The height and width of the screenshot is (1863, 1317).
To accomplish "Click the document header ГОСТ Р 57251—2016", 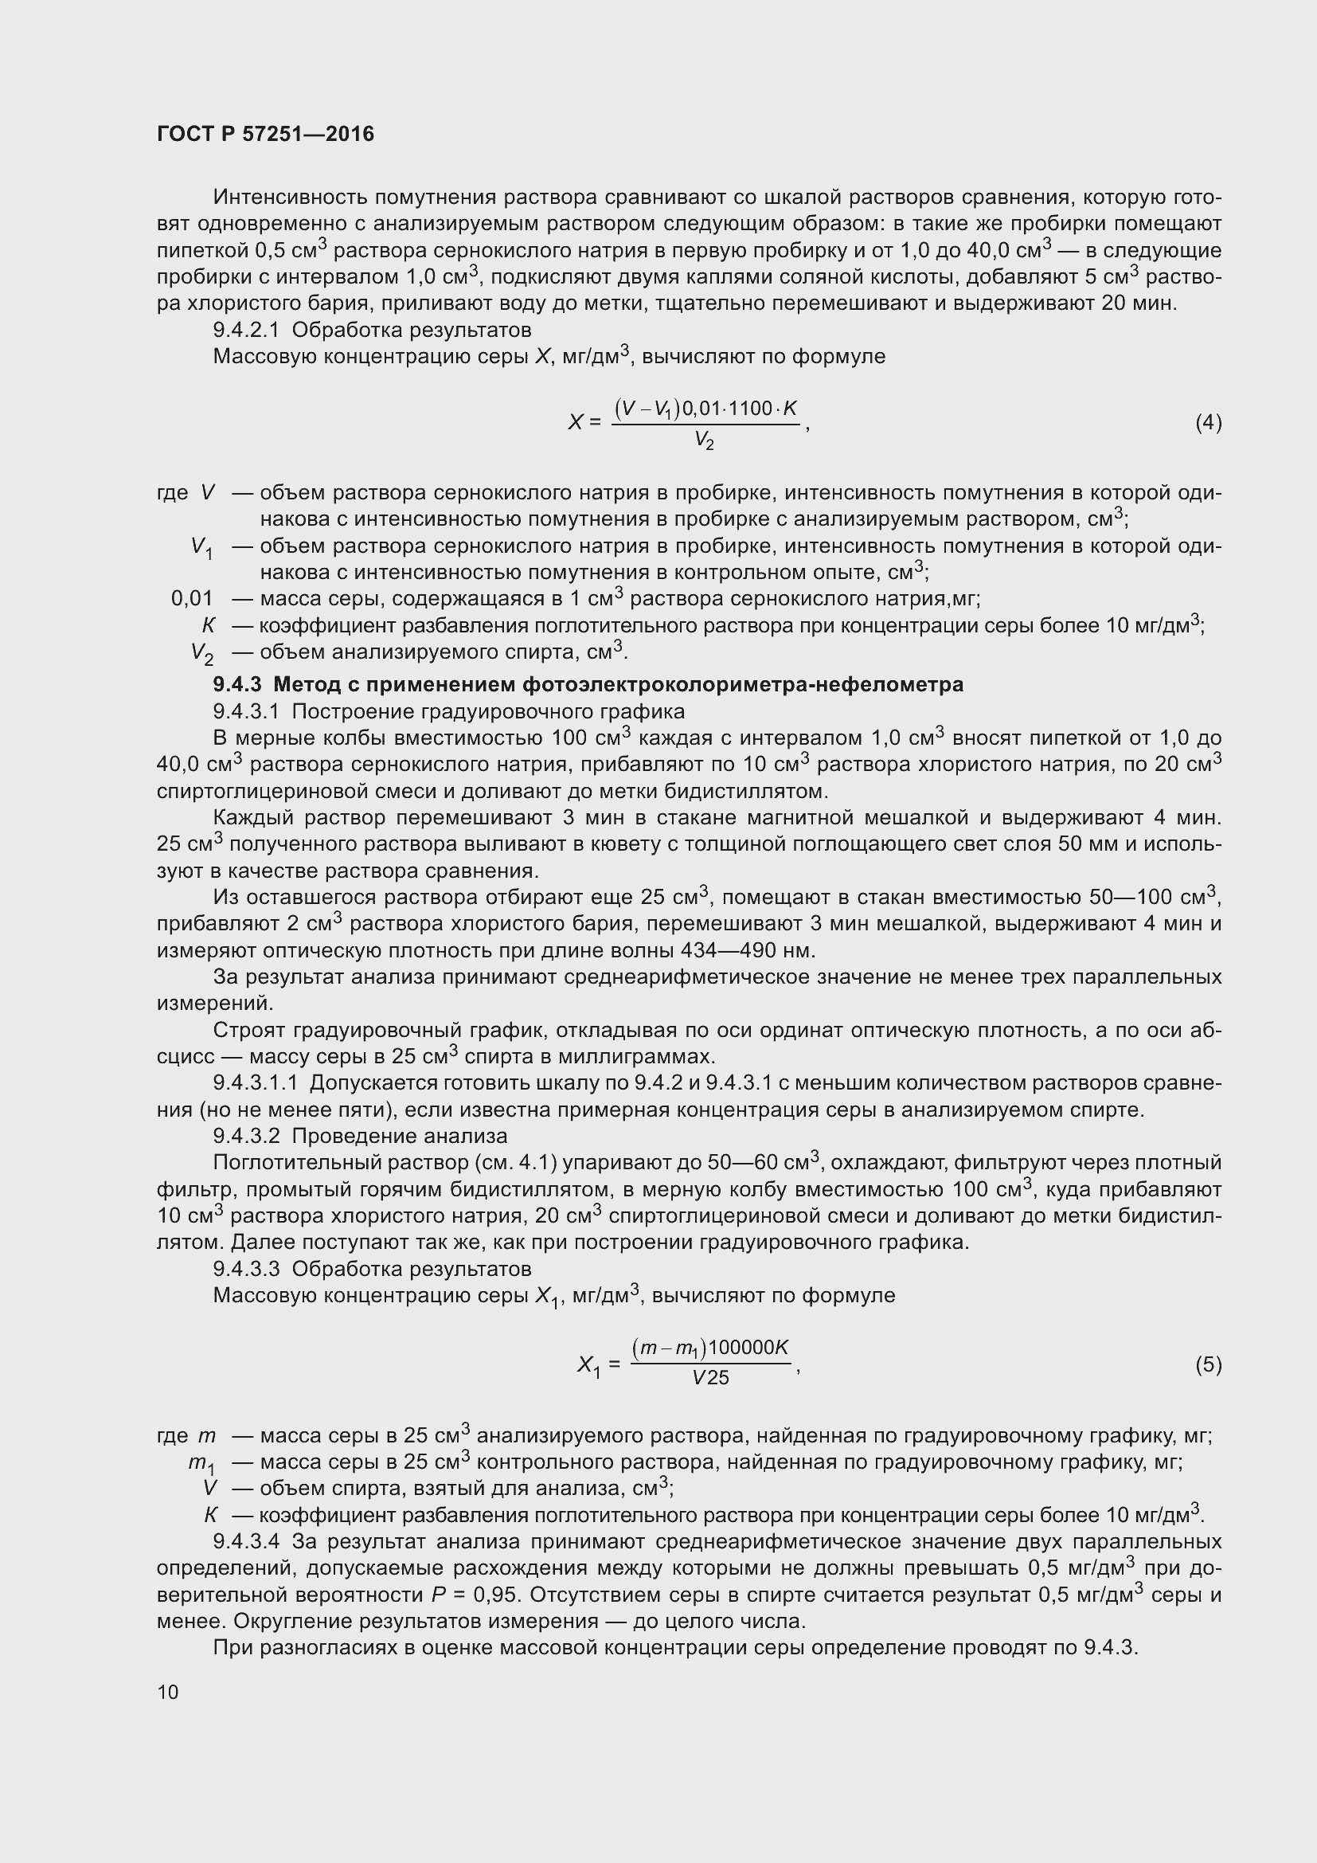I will pos(265,134).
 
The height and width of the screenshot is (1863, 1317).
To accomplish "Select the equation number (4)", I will pos(1209,423).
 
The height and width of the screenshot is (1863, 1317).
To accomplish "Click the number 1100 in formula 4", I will pos(751,409).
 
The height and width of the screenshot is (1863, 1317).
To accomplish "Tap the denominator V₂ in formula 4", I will pos(704,441).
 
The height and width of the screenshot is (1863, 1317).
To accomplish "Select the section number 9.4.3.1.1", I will pos(256,1083).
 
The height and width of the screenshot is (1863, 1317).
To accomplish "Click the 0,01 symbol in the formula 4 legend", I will pos(192,599).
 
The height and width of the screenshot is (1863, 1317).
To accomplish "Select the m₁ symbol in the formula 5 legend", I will pos(201,1463).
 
